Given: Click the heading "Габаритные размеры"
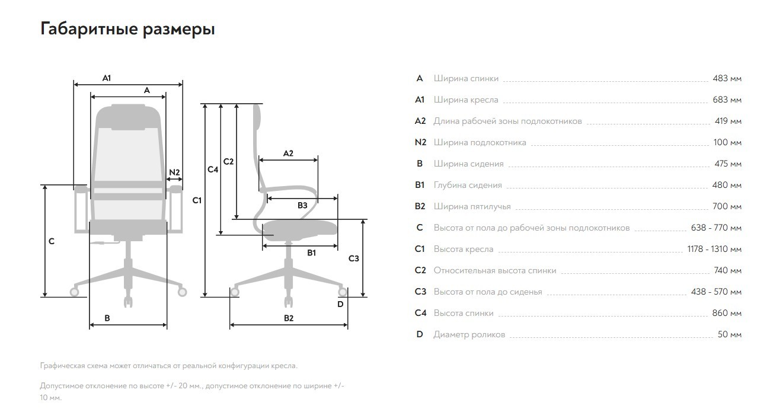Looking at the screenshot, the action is [127, 29].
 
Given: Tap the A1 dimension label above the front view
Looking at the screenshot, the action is [107, 78].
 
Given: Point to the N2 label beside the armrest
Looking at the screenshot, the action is [175, 172].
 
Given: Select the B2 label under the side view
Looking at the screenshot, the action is [289, 318].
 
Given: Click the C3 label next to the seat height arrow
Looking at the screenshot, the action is [354, 258].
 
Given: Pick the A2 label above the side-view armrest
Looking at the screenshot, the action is [288, 154].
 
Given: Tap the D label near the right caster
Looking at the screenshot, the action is [340, 304].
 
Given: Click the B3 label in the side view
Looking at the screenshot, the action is [302, 206].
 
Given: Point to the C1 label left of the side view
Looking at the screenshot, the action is [197, 200].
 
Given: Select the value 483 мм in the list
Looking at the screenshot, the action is [727, 78].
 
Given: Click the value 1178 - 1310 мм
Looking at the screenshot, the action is [714, 249].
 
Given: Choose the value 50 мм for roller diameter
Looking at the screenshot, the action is [730, 334].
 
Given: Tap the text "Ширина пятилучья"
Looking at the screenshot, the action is [472, 206].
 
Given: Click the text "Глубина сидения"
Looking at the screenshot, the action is [468, 186].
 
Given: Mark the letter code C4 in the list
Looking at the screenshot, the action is [420, 313].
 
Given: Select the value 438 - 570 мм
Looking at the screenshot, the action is [717, 292].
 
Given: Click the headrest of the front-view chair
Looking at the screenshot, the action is [128, 117].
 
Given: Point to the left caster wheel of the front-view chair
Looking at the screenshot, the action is [74, 292].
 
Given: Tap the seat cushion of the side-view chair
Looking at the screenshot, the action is [299, 228].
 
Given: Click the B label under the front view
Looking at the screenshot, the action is [107, 318].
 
